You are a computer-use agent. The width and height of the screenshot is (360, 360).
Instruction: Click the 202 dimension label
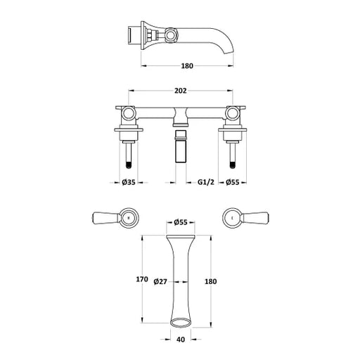pos(180,91)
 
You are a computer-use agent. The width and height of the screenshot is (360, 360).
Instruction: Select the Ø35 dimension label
pos(129,182)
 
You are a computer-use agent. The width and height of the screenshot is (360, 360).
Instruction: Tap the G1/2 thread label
pos(206,182)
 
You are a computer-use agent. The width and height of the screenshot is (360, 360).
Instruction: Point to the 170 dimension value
pos(142,279)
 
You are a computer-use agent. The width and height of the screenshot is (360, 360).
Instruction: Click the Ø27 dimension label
pos(160,281)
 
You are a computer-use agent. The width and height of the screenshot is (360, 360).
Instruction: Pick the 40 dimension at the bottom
pos(180,339)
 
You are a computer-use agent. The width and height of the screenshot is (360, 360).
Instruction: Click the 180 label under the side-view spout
pos(187,66)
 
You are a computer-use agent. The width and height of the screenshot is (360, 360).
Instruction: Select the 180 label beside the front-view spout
pos(211,281)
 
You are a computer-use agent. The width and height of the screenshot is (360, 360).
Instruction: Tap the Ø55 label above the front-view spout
pos(181,222)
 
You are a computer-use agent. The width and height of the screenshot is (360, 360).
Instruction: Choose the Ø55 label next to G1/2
pos(233,182)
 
